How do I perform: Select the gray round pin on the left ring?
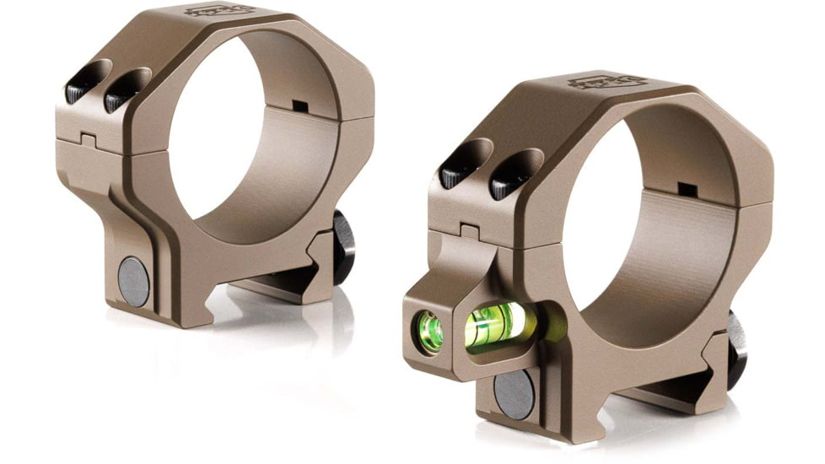pos(133,280)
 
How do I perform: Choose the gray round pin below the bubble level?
pos(514,395)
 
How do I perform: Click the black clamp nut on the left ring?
pos(343,246)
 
